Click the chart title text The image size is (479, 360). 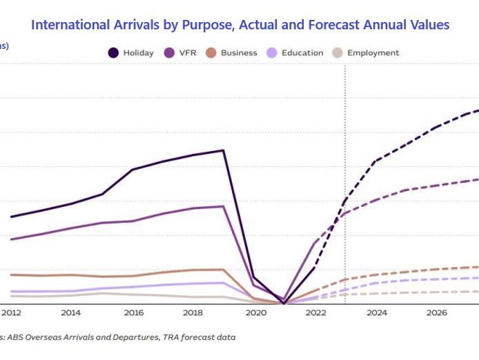point(240,26)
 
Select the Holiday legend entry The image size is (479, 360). point(138,53)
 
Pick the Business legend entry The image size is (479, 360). point(239,53)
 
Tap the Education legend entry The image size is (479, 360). point(302,53)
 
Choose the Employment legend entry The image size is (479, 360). point(373,53)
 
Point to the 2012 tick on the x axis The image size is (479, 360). point(11,313)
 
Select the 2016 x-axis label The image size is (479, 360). point(133,313)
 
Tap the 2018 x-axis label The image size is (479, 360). point(194,313)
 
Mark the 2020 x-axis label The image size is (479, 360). point(255,313)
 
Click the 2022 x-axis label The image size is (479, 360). point(315,313)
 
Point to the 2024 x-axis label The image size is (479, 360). point(376,313)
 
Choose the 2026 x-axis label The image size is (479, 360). point(437,313)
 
